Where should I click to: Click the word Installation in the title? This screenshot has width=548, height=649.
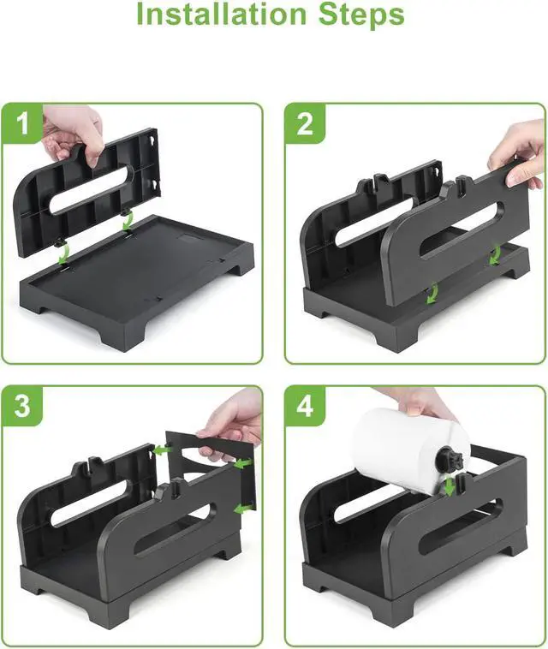(x=221, y=14)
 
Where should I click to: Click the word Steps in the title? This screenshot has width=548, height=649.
(x=361, y=15)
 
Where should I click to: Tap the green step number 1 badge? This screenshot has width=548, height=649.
(x=22, y=123)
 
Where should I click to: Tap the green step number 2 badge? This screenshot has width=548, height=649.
(x=305, y=123)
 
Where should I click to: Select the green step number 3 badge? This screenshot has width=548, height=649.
(x=22, y=406)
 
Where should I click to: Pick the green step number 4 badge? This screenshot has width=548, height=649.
(x=305, y=406)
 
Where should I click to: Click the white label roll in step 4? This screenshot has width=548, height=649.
(x=409, y=450)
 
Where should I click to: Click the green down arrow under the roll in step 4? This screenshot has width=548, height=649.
(x=449, y=485)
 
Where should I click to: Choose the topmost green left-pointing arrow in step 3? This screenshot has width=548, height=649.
(x=162, y=450)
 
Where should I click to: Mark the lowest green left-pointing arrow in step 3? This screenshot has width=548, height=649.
(x=244, y=508)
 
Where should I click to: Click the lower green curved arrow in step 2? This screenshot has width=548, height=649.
(x=432, y=293)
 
